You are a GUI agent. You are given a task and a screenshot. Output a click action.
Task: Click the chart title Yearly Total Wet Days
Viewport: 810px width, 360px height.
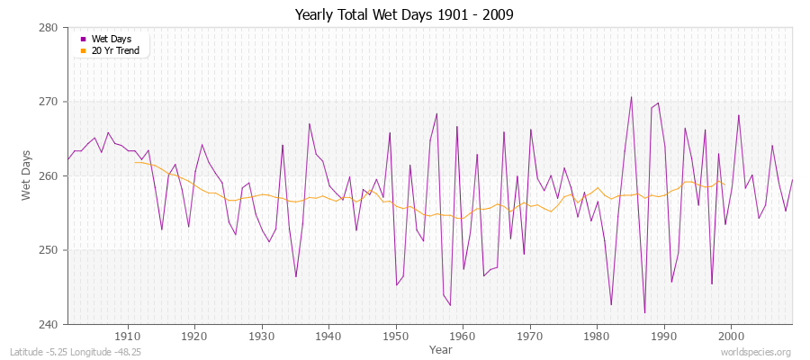point(404,15)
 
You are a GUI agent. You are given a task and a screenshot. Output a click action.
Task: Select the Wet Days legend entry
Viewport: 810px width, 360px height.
point(111,39)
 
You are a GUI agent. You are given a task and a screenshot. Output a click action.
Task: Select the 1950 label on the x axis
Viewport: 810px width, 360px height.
point(395,337)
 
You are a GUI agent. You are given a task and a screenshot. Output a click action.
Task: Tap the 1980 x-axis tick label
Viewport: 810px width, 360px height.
point(597,337)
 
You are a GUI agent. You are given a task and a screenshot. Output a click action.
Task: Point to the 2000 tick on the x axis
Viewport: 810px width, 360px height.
point(731,337)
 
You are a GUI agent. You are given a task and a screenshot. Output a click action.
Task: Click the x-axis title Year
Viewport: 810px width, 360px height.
point(441,348)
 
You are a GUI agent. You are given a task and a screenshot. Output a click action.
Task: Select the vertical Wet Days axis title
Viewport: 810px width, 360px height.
point(27,175)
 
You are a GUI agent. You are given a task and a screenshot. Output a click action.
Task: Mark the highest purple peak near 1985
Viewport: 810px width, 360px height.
point(631,97)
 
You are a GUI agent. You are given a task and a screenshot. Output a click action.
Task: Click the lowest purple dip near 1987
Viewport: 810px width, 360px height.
point(644,313)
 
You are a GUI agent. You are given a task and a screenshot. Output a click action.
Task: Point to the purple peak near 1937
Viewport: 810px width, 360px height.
point(309,124)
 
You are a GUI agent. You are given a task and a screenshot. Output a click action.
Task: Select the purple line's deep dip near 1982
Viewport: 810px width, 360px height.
point(611,305)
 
